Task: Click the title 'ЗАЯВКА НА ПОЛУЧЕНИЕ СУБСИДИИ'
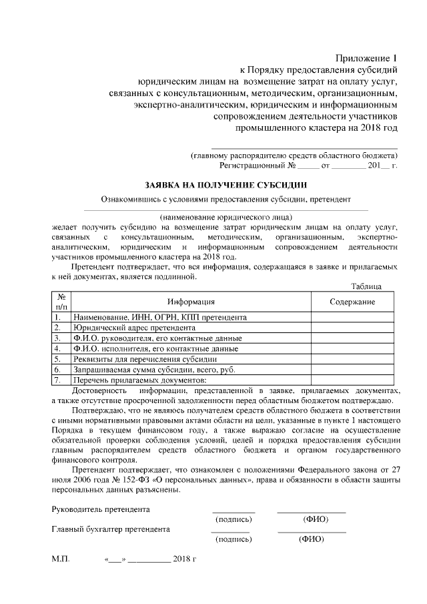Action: (x=227, y=184)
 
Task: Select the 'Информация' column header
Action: (x=190, y=302)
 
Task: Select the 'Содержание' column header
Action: (x=352, y=302)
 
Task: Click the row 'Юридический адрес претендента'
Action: (x=130, y=328)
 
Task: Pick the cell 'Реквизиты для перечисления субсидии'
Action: (x=140, y=358)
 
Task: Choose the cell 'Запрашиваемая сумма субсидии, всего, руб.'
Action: (x=153, y=369)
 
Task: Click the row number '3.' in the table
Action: (x=59, y=338)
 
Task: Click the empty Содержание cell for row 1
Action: (x=352, y=318)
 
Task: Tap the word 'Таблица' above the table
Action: (x=366, y=286)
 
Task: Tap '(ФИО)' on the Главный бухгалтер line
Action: (x=311, y=539)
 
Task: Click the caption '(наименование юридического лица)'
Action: (x=226, y=217)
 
